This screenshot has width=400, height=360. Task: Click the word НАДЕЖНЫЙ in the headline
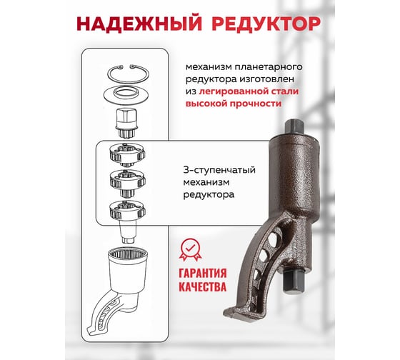pos(139,24)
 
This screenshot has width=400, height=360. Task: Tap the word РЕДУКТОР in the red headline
pos(266,24)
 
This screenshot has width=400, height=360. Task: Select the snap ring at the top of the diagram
pos(129,74)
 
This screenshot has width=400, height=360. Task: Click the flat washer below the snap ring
pos(127,95)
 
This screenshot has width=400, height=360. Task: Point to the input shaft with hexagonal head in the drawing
pos(127,123)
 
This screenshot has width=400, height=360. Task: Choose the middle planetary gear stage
pos(127,183)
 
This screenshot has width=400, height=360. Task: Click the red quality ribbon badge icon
pos(190,250)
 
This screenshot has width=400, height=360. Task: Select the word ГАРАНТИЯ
pos(203,274)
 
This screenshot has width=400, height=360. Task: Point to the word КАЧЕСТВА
pos(203,286)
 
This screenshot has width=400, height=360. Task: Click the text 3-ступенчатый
pos(219,170)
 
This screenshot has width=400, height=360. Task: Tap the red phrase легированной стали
pos(249,91)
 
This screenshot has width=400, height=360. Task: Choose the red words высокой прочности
pos(234,104)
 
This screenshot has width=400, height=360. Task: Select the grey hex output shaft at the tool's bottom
pos(294,282)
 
